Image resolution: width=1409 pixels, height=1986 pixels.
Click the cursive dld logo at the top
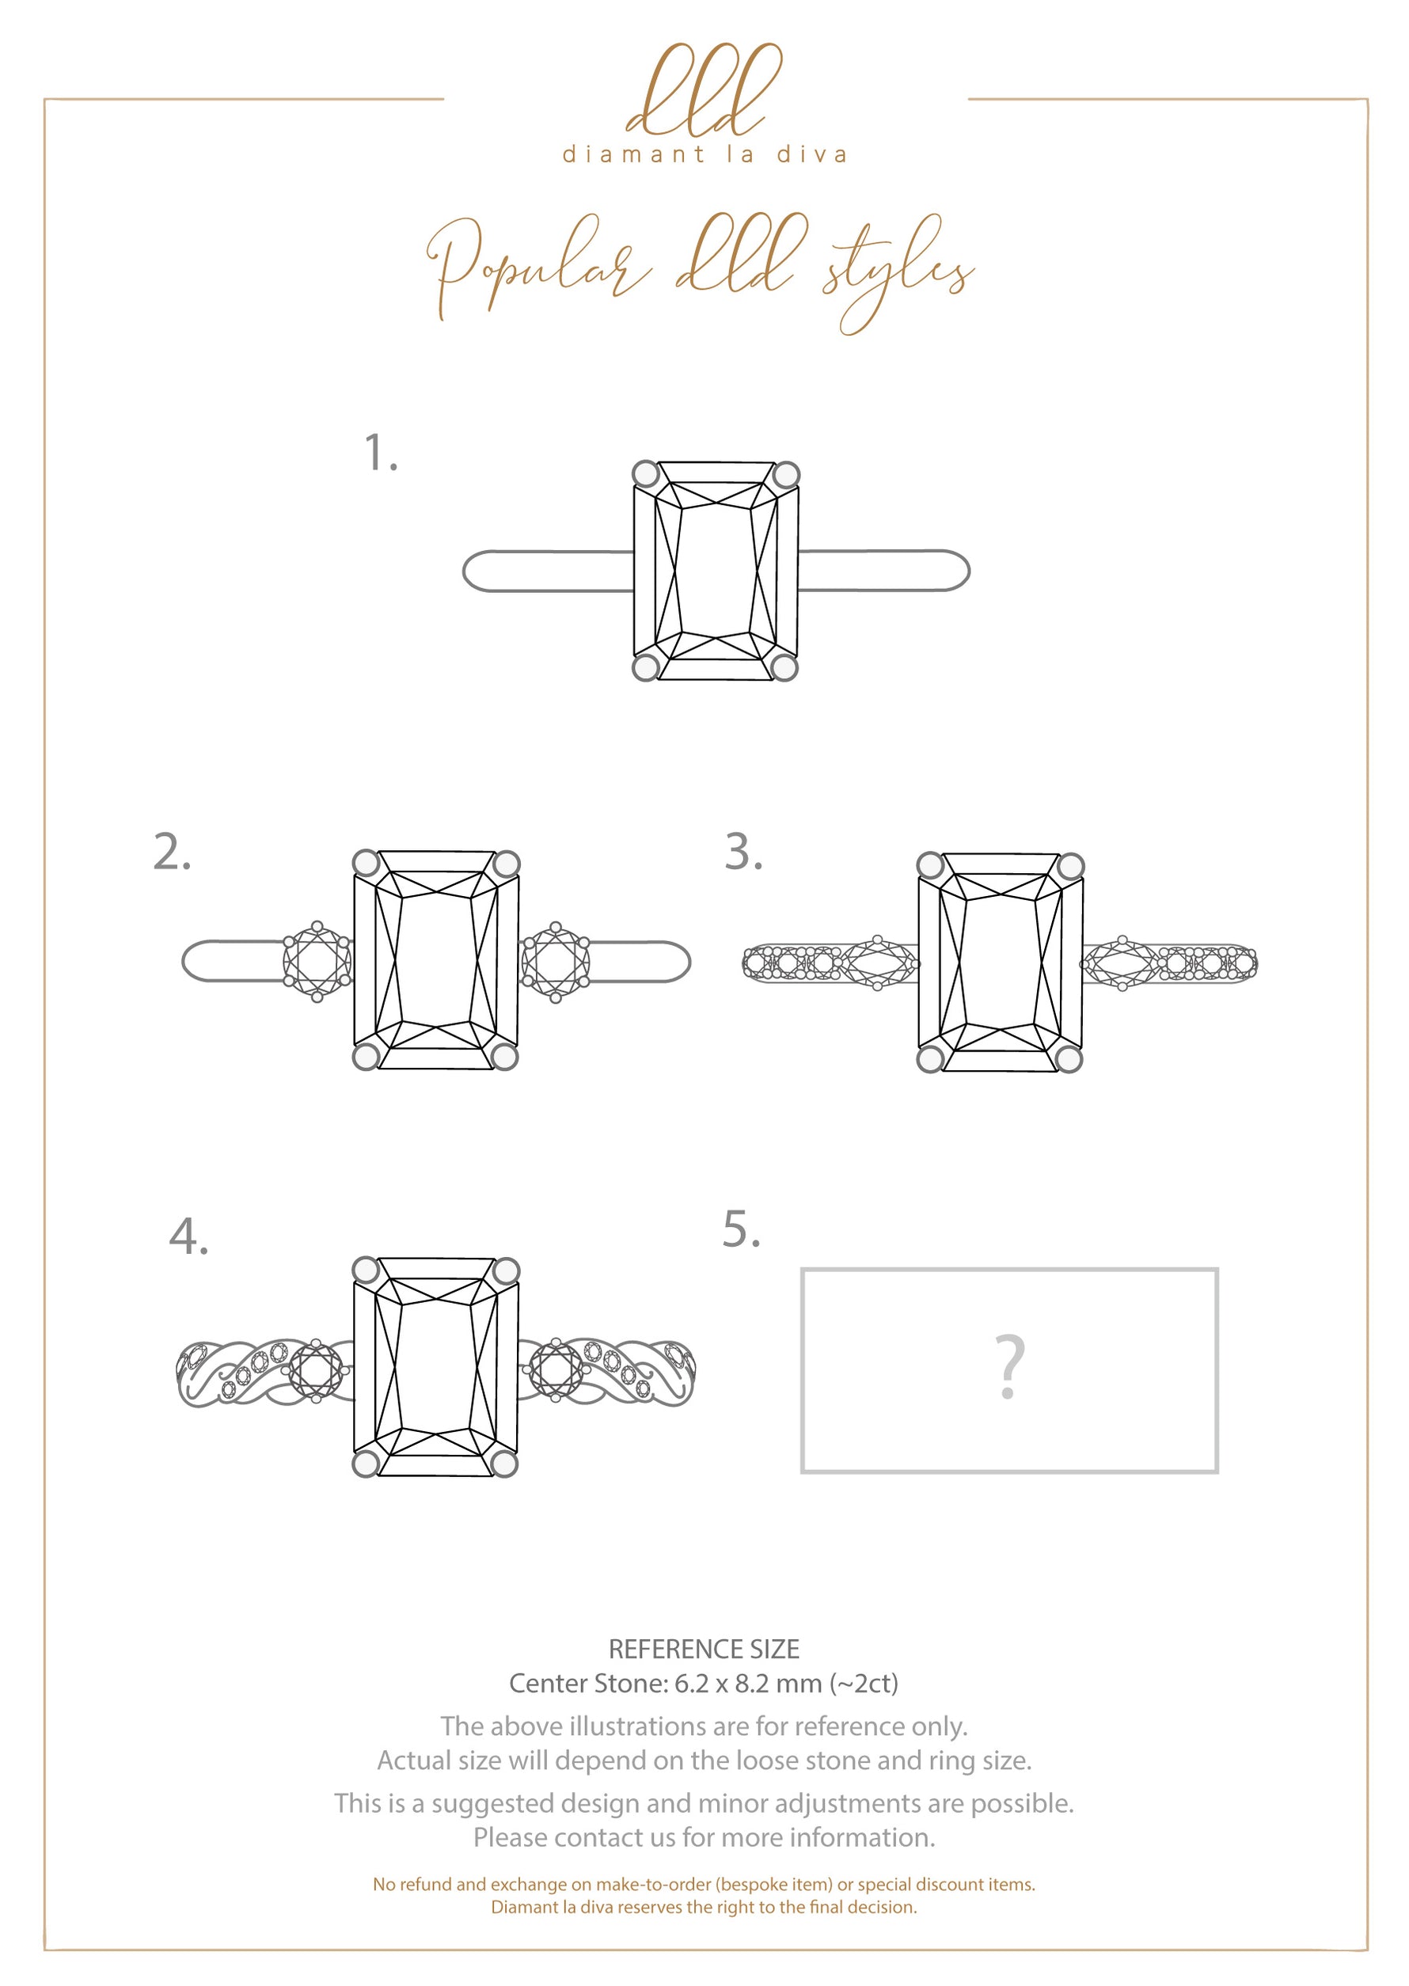tap(704, 91)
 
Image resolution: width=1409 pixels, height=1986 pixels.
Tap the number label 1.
tap(380, 454)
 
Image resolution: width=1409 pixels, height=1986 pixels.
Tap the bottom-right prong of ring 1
tap(784, 667)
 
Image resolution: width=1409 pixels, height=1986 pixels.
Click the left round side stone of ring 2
tap(317, 961)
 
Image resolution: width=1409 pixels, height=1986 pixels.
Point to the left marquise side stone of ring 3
tap(879, 963)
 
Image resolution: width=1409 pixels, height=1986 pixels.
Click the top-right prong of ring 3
tap(1071, 866)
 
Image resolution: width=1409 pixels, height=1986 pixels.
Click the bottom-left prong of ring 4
tap(366, 1464)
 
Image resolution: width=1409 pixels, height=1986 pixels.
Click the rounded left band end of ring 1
tap(476, 571)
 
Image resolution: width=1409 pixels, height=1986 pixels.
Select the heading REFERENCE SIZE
tap(704, 1650)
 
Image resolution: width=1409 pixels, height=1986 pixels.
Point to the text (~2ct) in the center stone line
tap(864, 1684)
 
